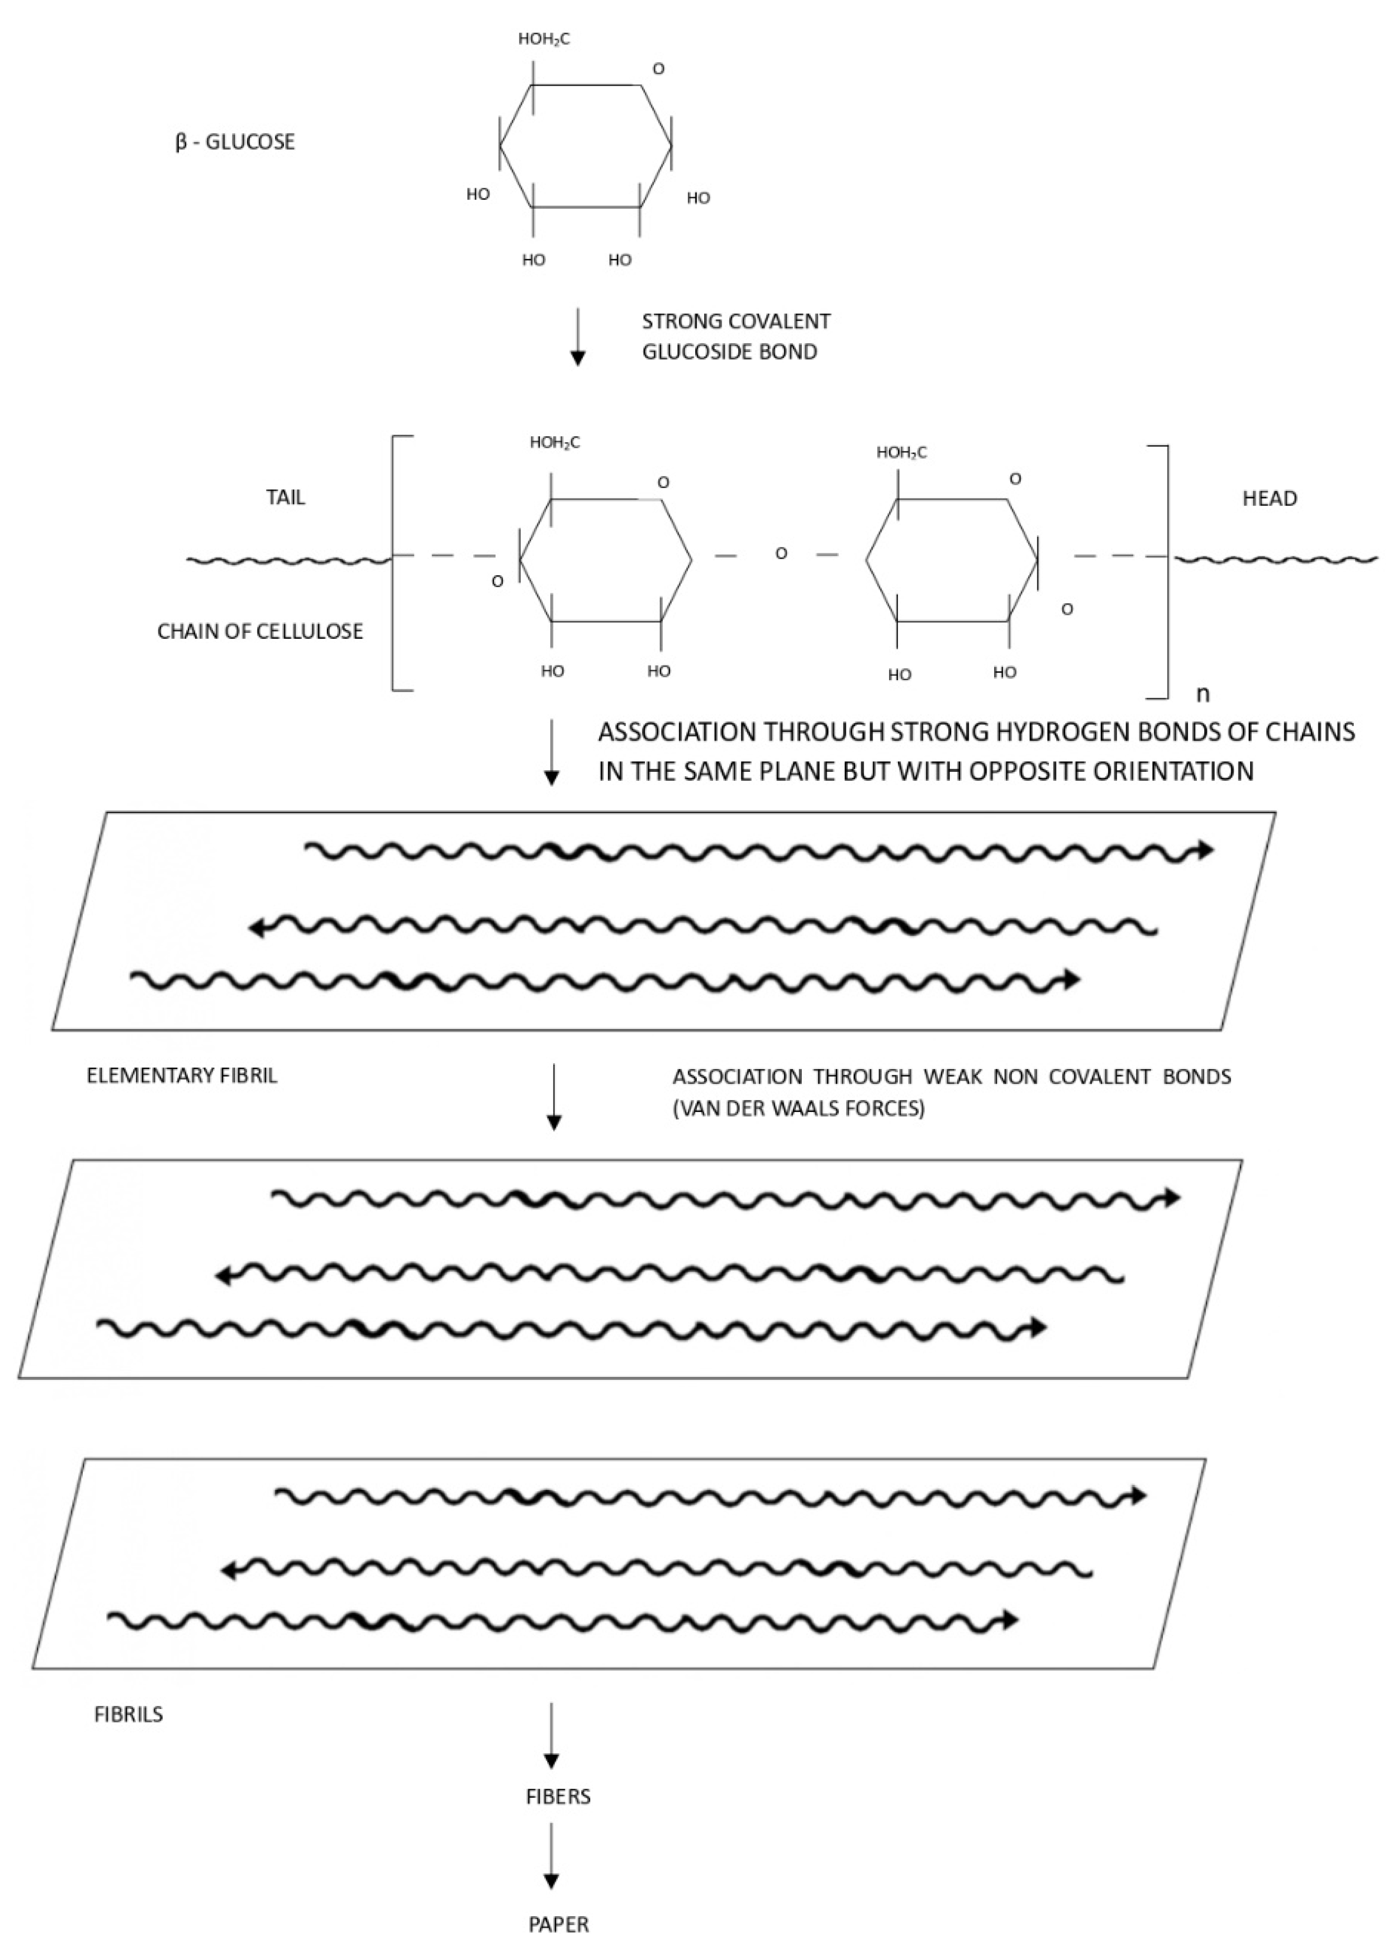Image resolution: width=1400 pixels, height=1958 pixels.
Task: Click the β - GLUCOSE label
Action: (235, 142)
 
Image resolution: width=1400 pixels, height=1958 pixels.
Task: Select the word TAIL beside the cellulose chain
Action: (285, 498)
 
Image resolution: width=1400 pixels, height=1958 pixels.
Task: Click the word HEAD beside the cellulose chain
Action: (1269, 499)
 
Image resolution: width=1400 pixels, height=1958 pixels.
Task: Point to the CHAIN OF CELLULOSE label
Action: (259, 632)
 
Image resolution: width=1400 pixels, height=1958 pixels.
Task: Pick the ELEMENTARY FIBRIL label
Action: (182, 1076)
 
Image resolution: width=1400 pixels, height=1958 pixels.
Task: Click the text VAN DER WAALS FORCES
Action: (798, 1108)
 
